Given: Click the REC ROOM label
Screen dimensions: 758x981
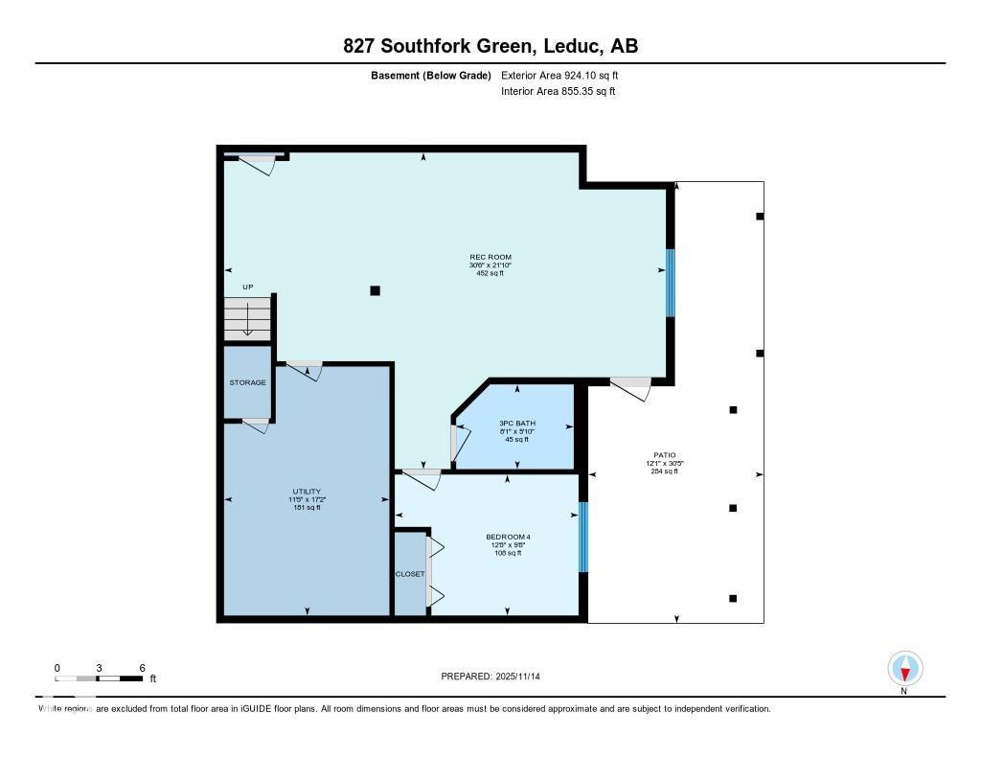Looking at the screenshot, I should pos(490,257).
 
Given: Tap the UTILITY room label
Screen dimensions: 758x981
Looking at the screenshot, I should pos(307,492).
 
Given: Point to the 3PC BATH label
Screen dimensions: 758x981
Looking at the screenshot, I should pos(517,424).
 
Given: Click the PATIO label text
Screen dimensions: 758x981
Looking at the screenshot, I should pos(664,455).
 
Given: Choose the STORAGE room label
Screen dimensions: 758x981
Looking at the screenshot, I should pos(247,382).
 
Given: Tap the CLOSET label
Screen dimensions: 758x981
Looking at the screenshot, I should pos(410,574).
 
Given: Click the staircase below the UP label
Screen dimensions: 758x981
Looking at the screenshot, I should pos(248,318).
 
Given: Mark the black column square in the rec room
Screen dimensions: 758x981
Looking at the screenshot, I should pos(376,290).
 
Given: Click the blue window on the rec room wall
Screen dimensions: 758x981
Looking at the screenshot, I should pos(671,283).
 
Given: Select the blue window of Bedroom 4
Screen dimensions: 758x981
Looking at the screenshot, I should pos(582,537).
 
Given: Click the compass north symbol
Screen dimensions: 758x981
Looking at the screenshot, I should pos(904,668).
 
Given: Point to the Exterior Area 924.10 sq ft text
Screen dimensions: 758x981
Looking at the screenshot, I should pos(566,75).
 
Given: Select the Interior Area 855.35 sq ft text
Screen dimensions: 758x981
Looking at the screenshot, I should pos(558,92).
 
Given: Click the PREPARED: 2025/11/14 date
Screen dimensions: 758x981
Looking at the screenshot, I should pos(497,677).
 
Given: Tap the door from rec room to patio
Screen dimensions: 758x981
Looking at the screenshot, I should pos(630,386).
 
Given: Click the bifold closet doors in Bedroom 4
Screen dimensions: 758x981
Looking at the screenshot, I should pos(434,572).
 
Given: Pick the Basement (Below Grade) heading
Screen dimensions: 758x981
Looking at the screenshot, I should pos(430,75).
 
